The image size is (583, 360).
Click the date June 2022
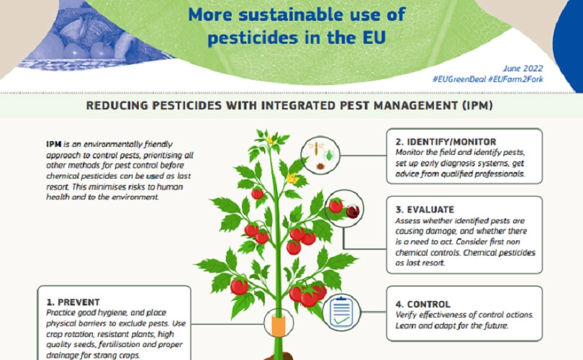tap(523, 68)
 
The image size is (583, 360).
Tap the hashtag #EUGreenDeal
tap(458, 79)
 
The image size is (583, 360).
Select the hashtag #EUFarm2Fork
tap(515, 79)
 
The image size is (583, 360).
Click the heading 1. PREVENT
tap(73, 302)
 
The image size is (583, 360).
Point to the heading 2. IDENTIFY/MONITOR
tap(446, 142)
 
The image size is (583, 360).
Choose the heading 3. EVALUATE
tap(425, 210)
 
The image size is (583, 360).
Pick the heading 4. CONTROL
tap(422, 305)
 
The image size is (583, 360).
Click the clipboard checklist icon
tap(341, 312)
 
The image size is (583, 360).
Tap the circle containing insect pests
tap(320, 155)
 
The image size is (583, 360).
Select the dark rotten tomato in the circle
tap(353, 212)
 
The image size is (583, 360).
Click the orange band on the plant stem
tap(278, 325)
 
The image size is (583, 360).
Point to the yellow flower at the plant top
tap(271, 140)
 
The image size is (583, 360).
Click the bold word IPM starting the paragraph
tap(54, 144)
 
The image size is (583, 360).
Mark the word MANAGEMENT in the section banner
tap(416, 106)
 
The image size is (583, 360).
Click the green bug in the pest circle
tap(330, 155)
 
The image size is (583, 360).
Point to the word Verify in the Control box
tap(406, 315)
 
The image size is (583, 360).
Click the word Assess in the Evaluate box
tap(407, 221)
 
